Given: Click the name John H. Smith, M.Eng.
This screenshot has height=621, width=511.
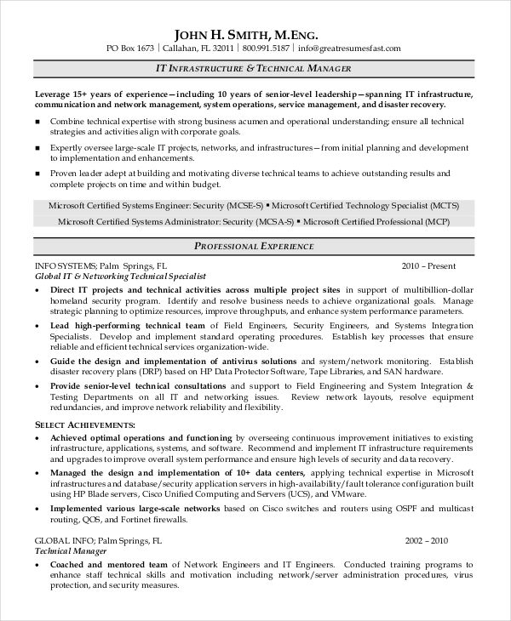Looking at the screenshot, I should click(246, 35).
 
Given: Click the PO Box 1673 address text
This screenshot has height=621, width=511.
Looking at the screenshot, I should click(132, 48).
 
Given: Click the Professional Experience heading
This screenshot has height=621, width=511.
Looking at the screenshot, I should click(255, 246).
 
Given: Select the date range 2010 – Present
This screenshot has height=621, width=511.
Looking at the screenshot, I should click(429, 265).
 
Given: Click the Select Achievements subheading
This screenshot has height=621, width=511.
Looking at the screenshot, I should click(84, 424).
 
